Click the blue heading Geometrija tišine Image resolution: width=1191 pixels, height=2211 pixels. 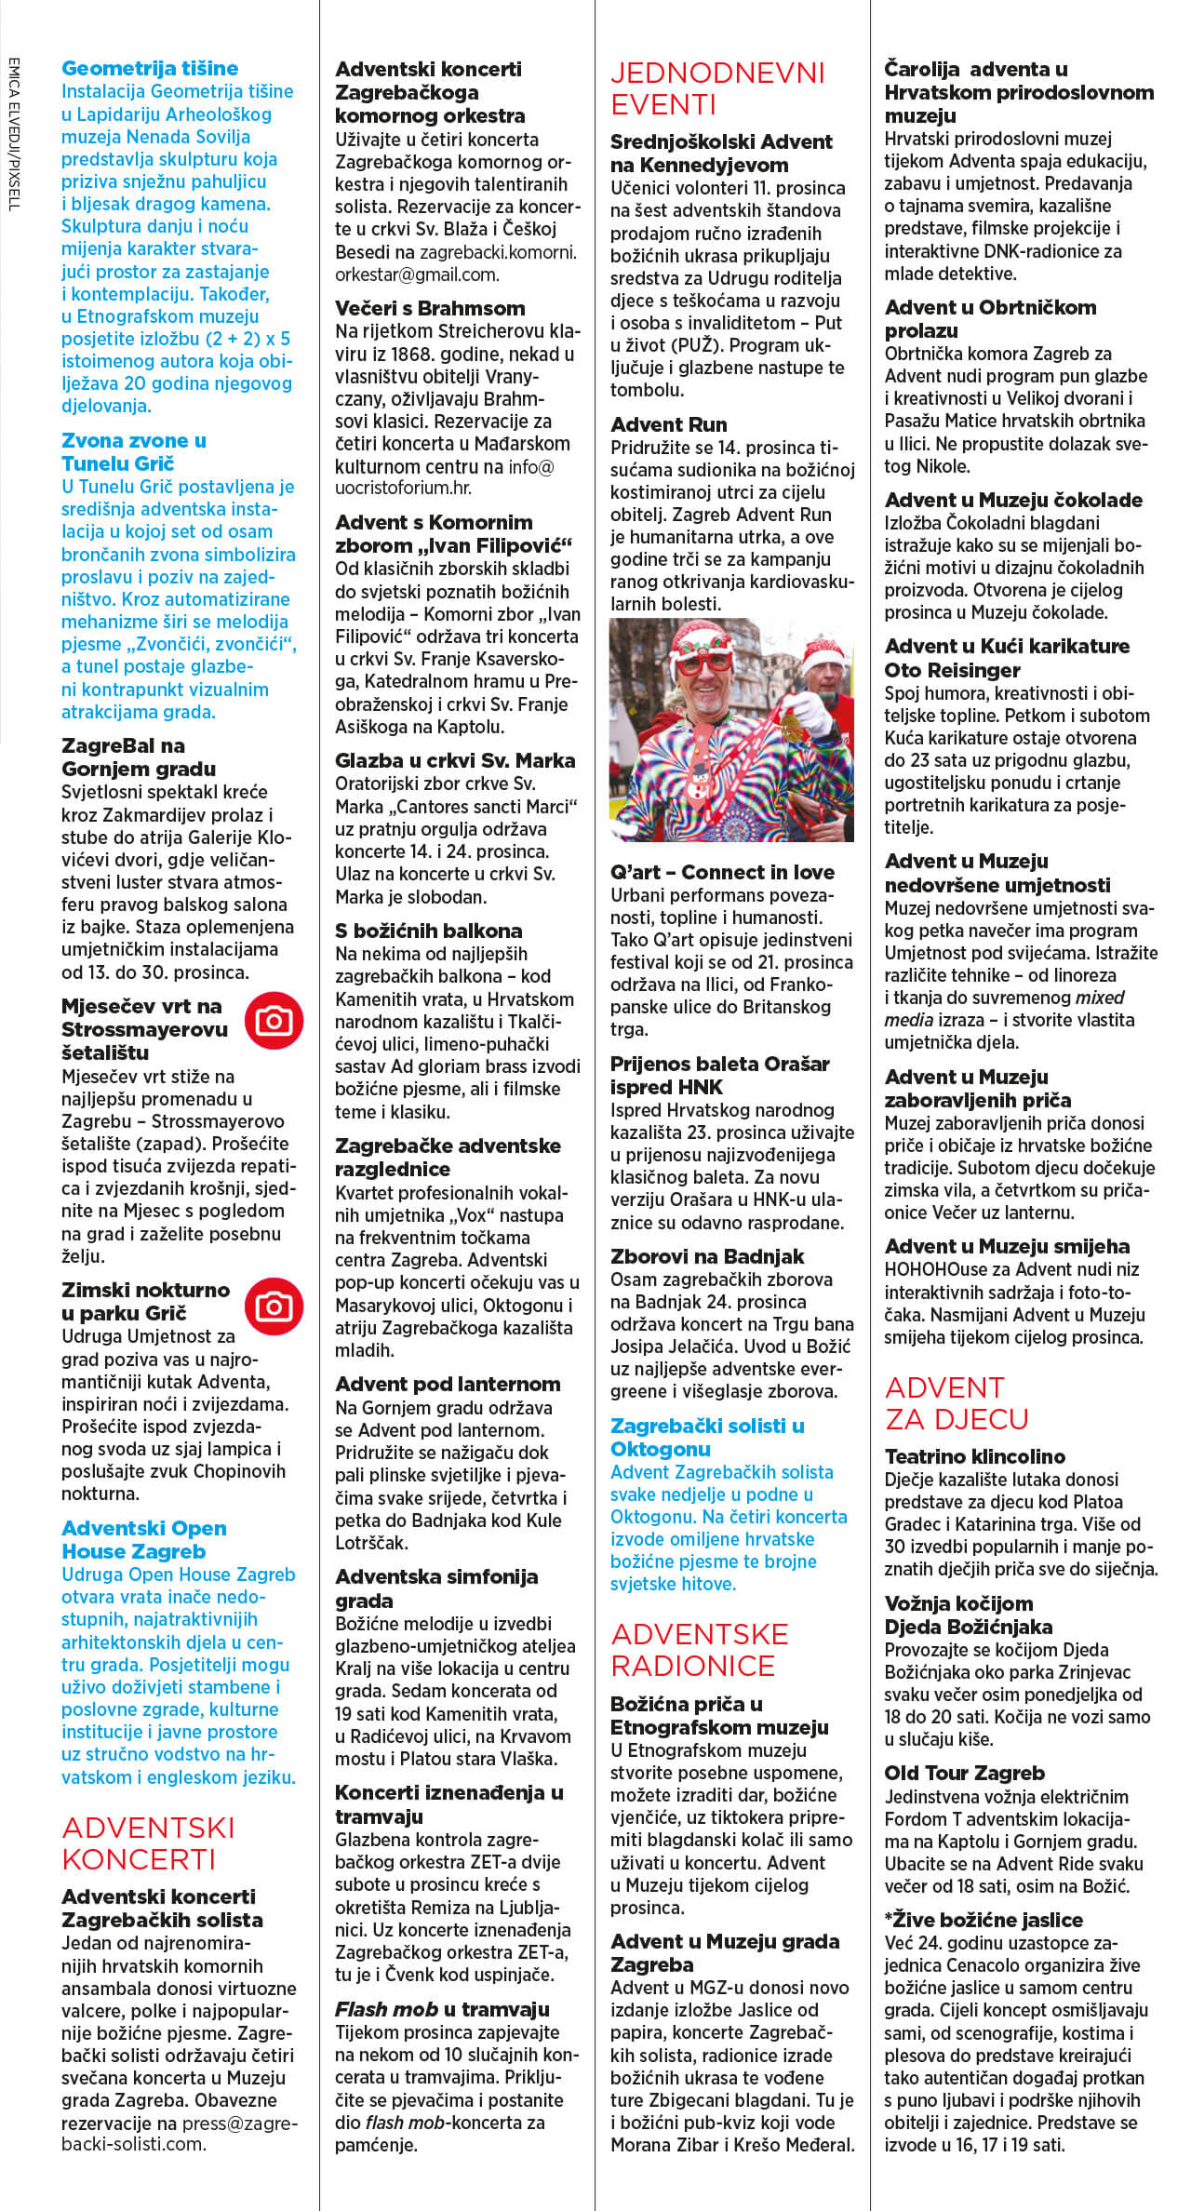(150, 68)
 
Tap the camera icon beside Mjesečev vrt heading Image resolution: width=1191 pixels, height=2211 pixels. (274, 1021)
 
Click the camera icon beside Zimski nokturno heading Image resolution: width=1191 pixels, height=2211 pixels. (274, 1306)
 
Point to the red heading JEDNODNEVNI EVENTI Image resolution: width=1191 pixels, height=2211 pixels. (717, 88)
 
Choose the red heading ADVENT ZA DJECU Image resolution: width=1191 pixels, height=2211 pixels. (957, 1402)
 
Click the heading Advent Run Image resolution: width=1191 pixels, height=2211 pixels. (668, 424)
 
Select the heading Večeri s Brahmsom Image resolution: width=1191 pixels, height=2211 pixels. (430, 308)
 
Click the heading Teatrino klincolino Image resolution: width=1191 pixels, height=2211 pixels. (974, 1456)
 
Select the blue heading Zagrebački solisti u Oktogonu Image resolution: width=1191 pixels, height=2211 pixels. (707, 1437)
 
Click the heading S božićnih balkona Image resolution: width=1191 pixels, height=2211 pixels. (428, 931)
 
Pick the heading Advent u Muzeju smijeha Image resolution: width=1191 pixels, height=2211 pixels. (1007, 1246)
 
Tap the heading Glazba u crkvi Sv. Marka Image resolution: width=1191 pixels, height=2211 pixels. (455, 760)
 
